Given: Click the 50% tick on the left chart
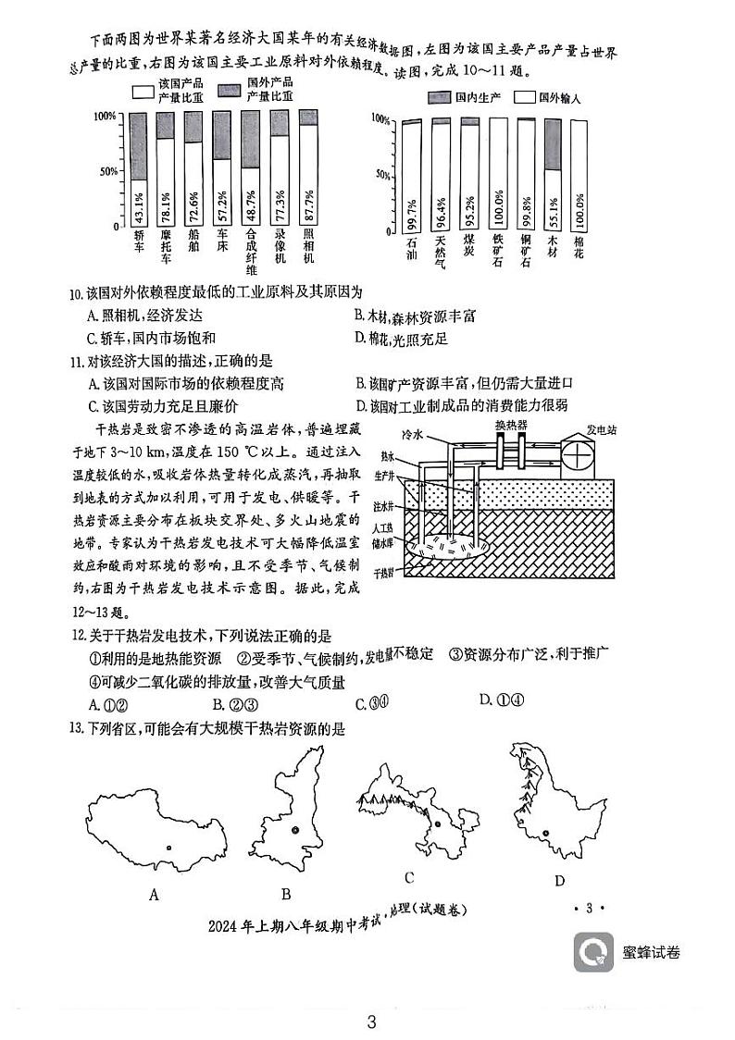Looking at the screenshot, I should [108, 171].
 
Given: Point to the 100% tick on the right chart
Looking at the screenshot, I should [380, 118].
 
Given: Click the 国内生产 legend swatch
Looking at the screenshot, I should [439, 97].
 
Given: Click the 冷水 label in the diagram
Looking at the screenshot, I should [412, 433].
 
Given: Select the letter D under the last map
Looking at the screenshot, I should [559, 881].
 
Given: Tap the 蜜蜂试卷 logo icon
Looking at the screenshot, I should [592, 952].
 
